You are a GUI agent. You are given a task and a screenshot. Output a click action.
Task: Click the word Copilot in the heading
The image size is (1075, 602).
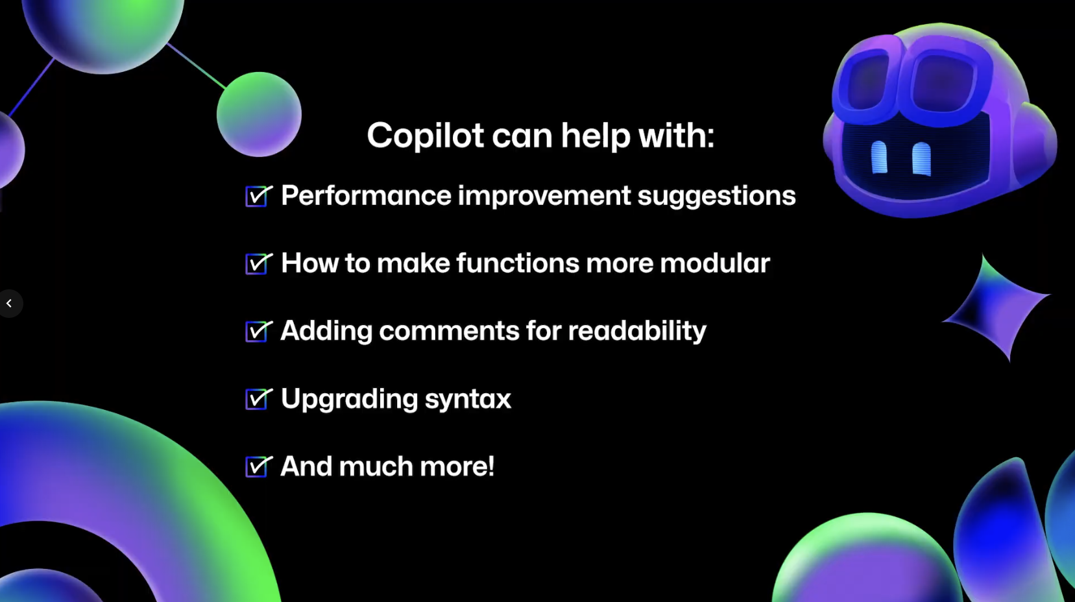tap(425, 136)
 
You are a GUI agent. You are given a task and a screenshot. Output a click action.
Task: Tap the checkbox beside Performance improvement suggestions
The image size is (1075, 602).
tap(259, 196)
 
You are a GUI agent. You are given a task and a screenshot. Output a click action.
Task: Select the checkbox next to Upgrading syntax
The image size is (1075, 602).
tap(259, 399)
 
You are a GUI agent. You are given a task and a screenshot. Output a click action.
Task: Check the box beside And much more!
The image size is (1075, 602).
tap(259, 466)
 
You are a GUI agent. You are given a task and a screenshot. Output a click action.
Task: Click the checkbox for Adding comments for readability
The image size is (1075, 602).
tap(259, 331)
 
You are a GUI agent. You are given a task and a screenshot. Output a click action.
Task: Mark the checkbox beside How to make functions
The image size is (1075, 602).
tap(259, 264)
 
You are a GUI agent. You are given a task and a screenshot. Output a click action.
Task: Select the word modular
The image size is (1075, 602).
tap(715, 263)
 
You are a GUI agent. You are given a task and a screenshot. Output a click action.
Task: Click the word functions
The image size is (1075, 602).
tap(518, 263)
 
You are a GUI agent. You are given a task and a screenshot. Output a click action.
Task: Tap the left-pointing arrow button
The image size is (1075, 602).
tap(9, 303)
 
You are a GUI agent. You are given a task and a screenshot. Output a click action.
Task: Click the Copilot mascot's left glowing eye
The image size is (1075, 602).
tap(879, 157)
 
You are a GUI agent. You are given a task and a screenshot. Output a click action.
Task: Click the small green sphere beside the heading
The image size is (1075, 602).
tap(259, 114)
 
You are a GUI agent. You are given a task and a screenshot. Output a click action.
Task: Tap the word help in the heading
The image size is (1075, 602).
tap(596, 136)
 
